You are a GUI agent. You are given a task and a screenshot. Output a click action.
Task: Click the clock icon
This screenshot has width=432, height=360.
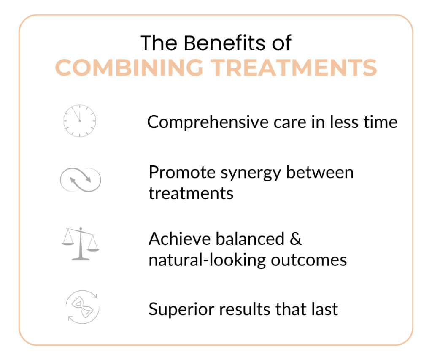(x=80, y=121)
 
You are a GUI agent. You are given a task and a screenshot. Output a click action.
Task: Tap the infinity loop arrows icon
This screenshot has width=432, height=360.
(x=81, y=180)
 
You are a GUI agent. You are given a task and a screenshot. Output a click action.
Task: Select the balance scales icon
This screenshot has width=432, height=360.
(x=80, y=244)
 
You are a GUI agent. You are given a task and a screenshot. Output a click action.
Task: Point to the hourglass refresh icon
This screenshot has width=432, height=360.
(x=82, y=307)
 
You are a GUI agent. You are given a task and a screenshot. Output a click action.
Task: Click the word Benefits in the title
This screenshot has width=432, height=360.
(x=224, y=43)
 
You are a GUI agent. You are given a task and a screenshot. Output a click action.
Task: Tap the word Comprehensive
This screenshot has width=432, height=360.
(x=208, y=122)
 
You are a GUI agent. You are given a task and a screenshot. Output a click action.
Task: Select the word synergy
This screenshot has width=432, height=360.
(x=251, y=173)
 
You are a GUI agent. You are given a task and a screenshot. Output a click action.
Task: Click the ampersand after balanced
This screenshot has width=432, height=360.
(x=296, y=239)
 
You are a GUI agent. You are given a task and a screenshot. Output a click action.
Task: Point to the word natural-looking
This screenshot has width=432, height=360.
(x=207, y=260)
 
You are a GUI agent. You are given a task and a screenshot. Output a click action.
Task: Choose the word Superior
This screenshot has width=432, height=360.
(x=181, y=309)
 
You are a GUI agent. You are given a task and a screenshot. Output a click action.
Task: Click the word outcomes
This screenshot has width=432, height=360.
(x=309, y=260)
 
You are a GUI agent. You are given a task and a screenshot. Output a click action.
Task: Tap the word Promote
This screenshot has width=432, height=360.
(x=182, y=173)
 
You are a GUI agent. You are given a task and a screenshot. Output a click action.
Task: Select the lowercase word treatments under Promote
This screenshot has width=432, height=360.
(x=191, y=193)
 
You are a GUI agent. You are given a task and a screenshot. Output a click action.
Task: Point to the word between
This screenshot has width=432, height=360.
(x=320, y=172)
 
